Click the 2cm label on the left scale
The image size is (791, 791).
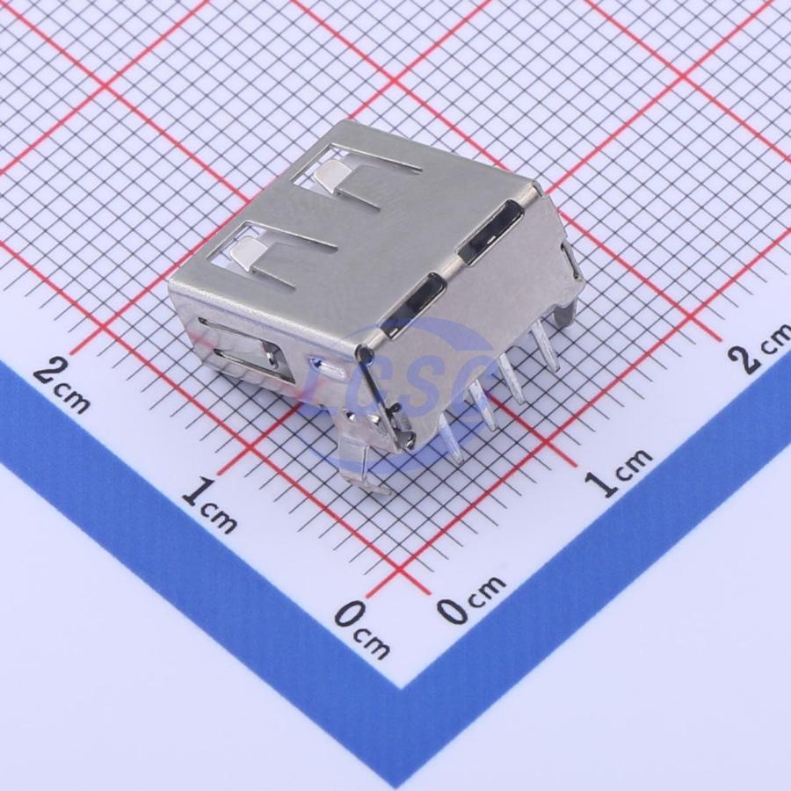pyautogui.click(x=62, y=386)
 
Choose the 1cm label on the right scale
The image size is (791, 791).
pyautogui.click(x=619, y=472)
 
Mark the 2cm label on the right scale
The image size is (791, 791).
pyautogui.click(x=759, y=349)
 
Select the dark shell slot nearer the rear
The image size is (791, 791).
pyautogui.click(x=489, y=233)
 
